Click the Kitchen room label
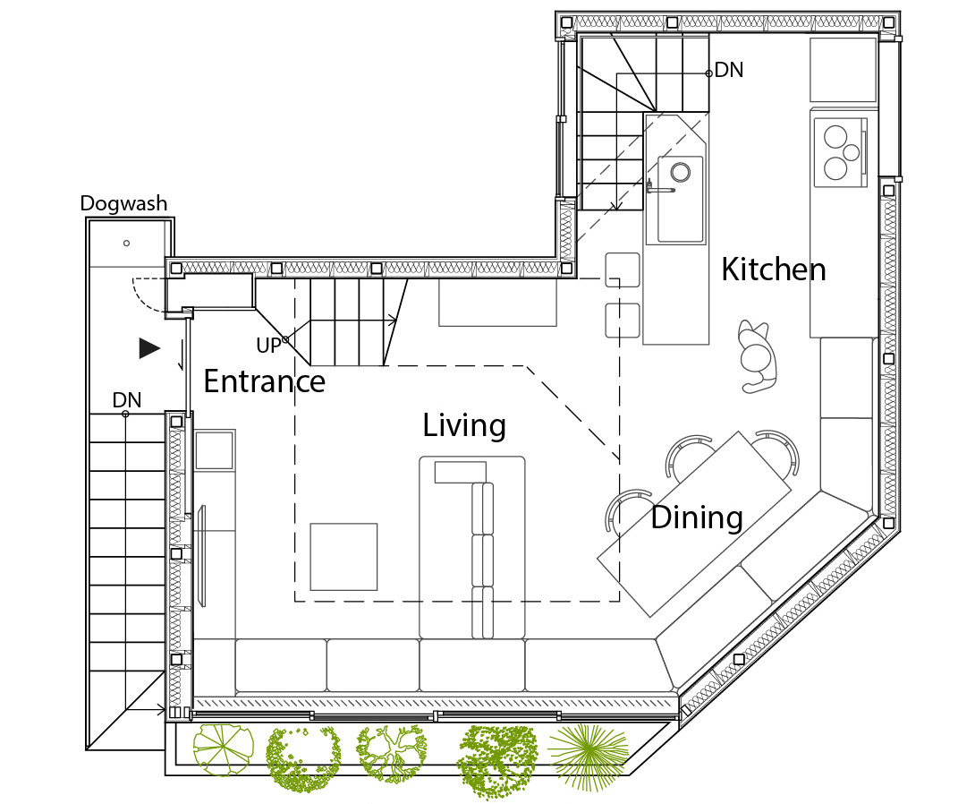pos(774,269)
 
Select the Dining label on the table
pos(697,517)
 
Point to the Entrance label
pos(264,381)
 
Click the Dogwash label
pos(123,203)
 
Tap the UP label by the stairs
pos(268,346)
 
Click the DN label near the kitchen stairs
pos(729,70)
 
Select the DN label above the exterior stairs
pos(127,399)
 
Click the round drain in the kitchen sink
pos(680,172)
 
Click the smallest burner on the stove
pos(852,152)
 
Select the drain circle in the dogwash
pos(126,244)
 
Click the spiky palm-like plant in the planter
pos(589,757)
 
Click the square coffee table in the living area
pos(343,556)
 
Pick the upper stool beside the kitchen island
pos(623,269)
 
